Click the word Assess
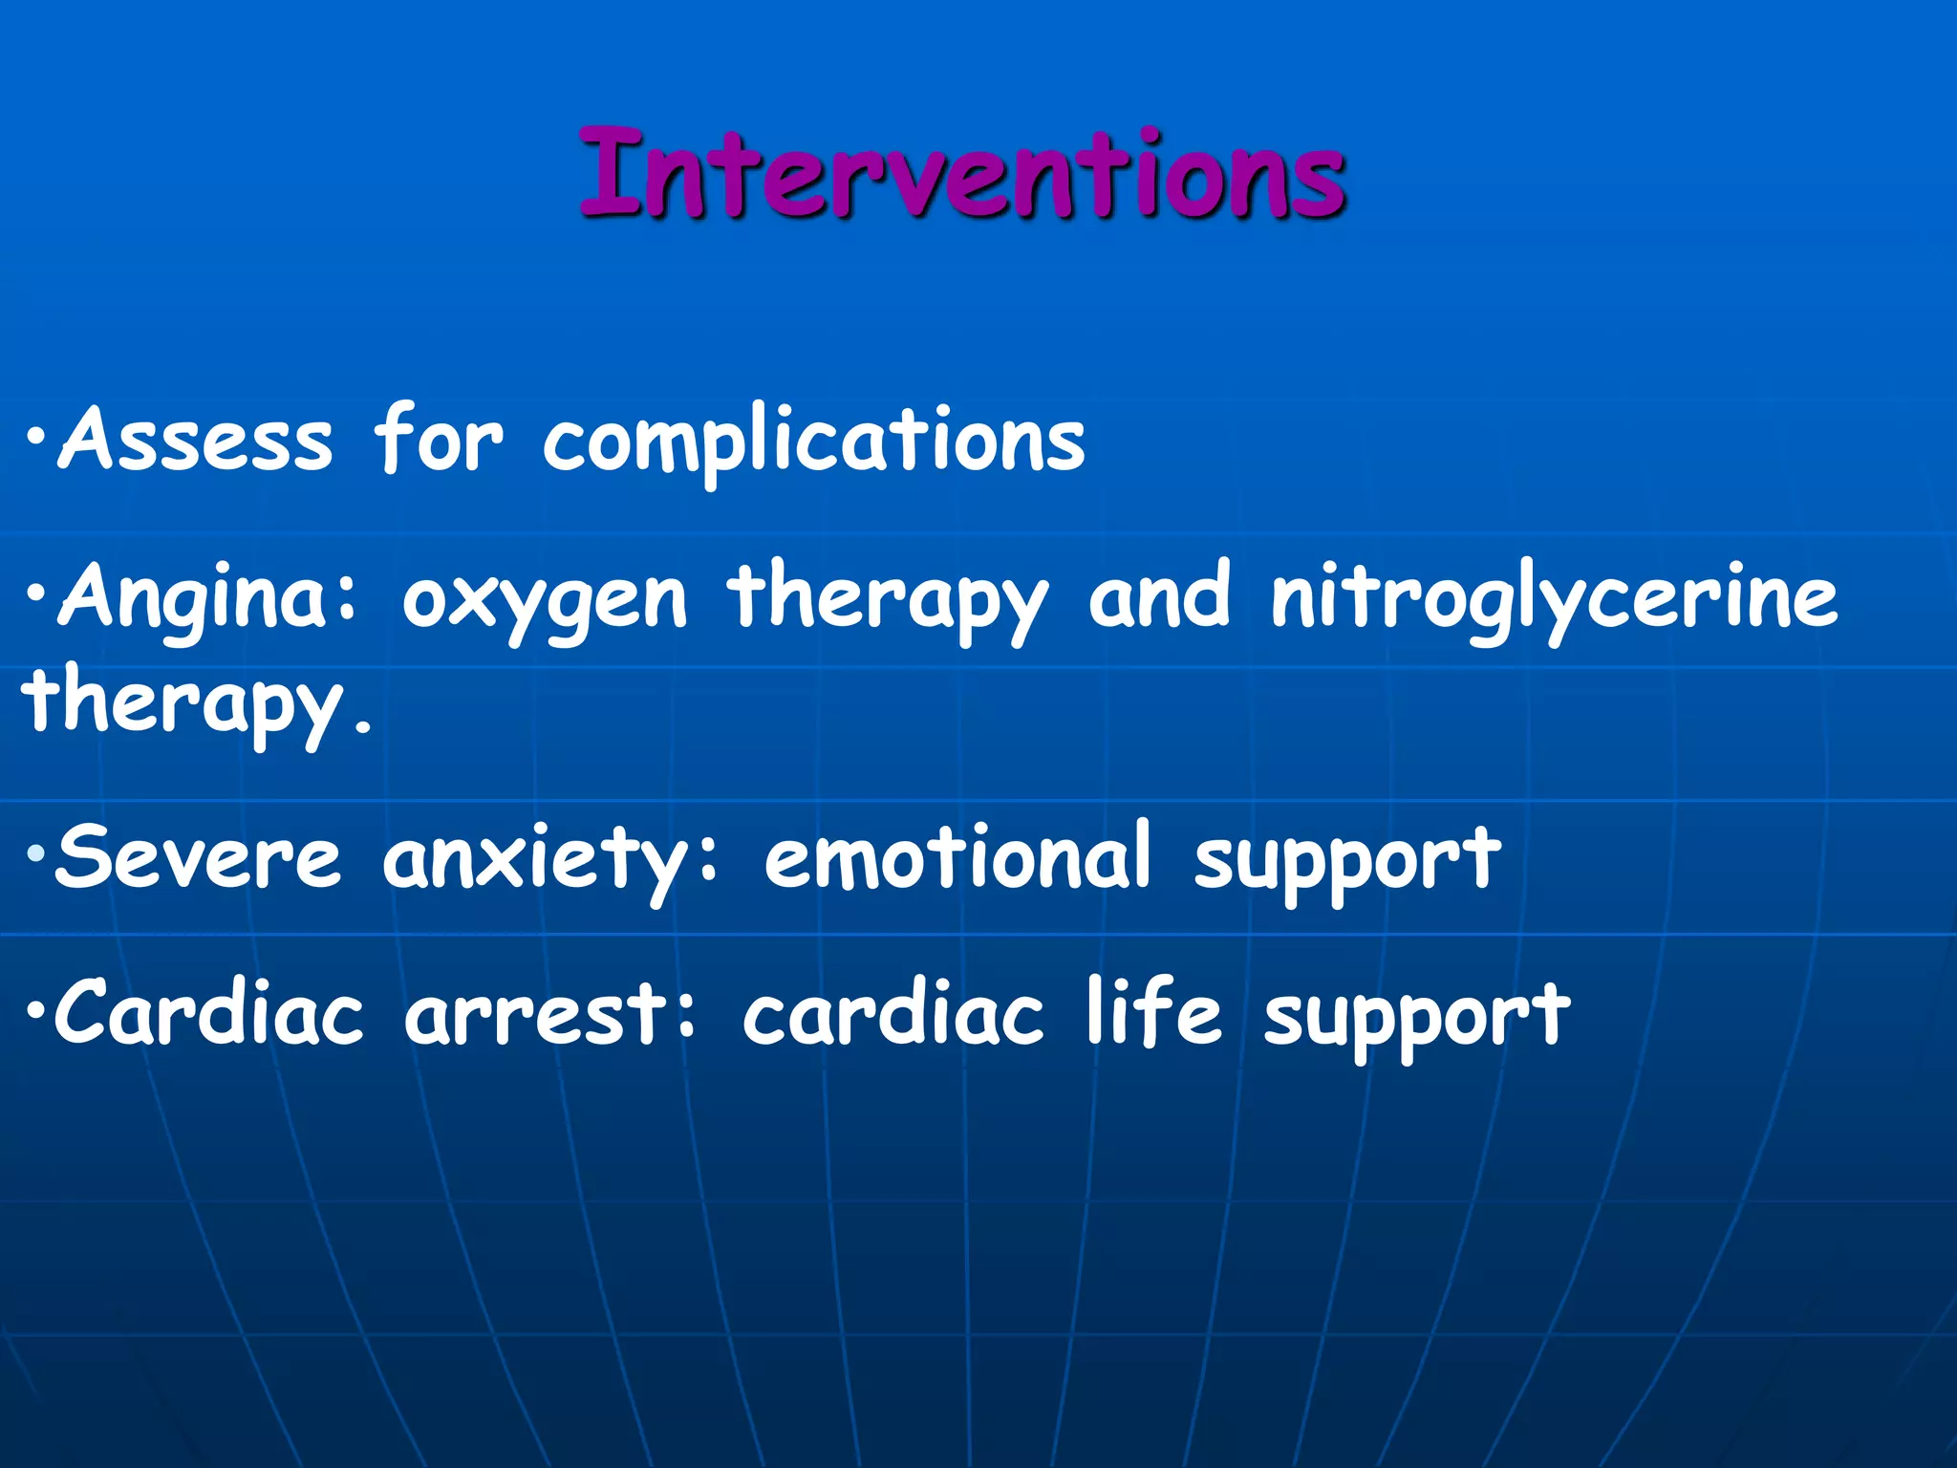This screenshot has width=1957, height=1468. [196, 439]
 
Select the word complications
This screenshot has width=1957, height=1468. [813, 442]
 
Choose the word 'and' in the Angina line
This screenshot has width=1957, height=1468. [1159, 597]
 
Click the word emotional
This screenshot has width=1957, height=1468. [957, 857]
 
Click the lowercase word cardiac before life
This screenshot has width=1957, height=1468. [892, 1013]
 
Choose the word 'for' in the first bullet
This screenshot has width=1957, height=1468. [437, 439]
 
